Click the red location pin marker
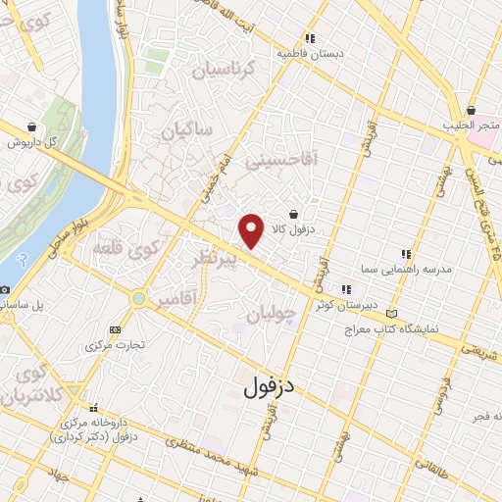point(252,230)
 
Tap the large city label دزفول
point(269,385)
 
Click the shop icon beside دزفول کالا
point(293,213)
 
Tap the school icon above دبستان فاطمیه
point(310,39)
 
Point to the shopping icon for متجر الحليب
point(472,111)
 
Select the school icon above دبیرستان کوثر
point(345,289)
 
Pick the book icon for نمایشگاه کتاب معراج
point(392,312)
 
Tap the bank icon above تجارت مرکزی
point(116,329)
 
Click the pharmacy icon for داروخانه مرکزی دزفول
point(94,407)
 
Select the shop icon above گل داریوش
point(33,126)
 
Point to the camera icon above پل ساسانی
point(5,290)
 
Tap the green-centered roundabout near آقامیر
point(139,298)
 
